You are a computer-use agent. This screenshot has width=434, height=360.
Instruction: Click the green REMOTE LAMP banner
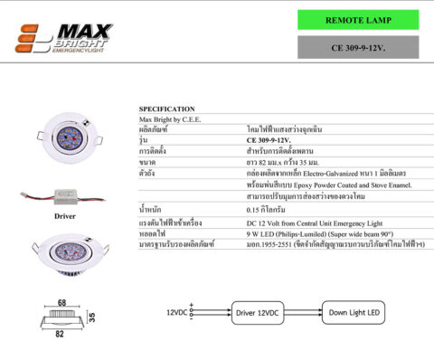[x=358, y=20]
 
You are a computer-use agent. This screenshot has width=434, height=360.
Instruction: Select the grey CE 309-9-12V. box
[x=358, y=47]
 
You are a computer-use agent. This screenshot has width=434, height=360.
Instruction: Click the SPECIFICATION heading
[x=166, y=109]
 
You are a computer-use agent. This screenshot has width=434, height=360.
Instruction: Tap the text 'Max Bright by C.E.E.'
[x=172, y=118]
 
